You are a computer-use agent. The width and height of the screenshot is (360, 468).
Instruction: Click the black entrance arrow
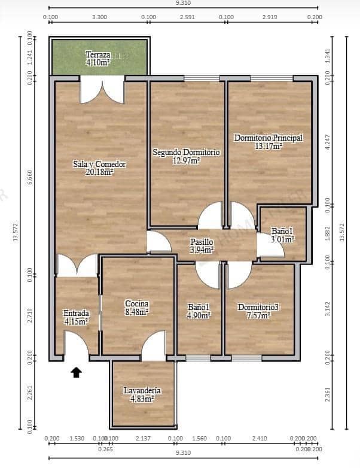76,373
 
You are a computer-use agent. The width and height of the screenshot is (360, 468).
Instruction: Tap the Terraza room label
97,54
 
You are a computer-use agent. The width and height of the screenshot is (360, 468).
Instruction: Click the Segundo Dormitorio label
186,152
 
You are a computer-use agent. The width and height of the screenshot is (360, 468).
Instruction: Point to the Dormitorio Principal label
268,137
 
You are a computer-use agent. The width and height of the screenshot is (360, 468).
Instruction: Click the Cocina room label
136,303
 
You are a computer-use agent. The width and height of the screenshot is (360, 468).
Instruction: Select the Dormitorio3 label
258,307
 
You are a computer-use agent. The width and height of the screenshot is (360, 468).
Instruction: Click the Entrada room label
76,313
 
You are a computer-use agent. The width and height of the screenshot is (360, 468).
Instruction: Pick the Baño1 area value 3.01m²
282,239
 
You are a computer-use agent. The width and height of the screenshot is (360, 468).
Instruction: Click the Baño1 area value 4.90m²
199,315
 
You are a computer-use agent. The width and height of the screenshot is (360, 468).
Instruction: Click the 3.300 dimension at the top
99,17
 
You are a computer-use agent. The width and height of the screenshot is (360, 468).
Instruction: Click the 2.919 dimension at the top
270,17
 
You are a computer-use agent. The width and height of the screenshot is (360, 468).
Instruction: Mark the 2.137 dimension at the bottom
143,439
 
